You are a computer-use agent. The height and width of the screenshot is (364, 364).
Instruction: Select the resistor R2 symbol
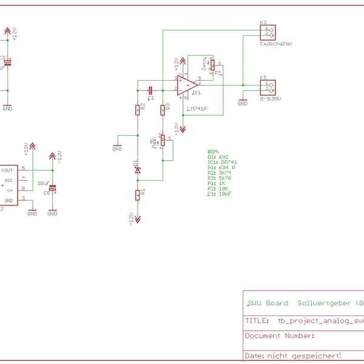click(x=138, y=109)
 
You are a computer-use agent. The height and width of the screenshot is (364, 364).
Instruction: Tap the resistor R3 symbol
click(x=163, y=109)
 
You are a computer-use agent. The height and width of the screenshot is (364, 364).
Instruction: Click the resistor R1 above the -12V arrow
click(x=138, y=194)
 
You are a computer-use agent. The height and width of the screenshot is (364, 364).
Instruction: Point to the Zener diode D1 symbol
click(x=138, y=170)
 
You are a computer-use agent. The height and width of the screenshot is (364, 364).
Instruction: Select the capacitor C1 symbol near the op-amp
click(x=150, y=90)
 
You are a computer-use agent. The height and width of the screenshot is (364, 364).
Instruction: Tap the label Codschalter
click(x=276, y=44)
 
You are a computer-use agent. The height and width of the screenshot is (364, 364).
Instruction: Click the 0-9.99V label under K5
click(x=271, y=98)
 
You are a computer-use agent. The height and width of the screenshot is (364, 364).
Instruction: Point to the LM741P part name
click(x=197, y=109)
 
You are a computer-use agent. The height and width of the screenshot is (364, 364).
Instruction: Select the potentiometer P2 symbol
click(x=212, y=66)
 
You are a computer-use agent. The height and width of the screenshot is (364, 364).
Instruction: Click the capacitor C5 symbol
click(x=52, y=189)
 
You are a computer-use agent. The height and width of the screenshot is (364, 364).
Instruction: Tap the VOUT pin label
click(x=7, y=170)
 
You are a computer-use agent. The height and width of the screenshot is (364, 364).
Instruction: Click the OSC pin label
click(x=8, y=180)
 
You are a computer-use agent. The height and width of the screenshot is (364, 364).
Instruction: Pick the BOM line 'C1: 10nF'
click(x=219, y=194)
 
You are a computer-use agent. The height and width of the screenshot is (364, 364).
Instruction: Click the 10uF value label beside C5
click(x=43, y=183)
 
